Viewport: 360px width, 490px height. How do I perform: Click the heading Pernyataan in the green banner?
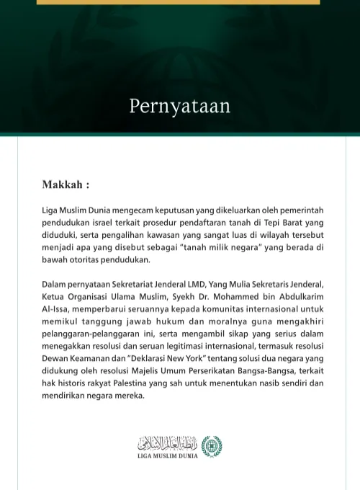179,106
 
